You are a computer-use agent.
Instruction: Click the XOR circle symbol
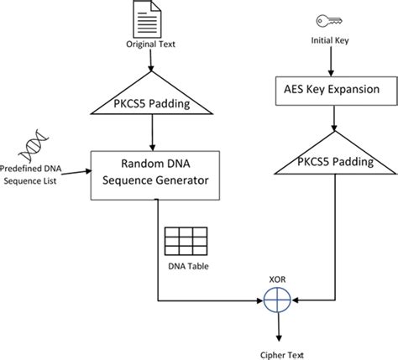(x=277, y=300)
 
